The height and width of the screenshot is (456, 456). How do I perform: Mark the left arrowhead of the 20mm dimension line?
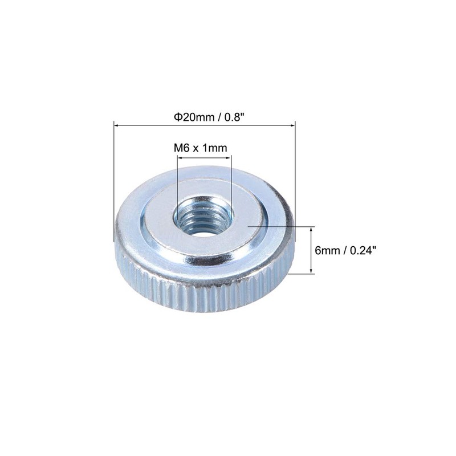[117, 125]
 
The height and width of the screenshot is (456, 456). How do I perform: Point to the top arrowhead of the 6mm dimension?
[311, 229]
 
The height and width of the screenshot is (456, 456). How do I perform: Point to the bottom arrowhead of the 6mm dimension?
[311, 271]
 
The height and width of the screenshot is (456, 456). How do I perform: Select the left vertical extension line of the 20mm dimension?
[115, 182]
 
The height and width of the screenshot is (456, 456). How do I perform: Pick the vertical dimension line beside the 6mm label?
[311, 251]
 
